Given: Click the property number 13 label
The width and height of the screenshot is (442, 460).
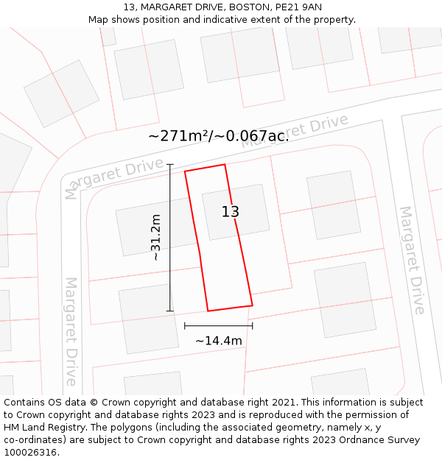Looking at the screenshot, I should click(231, 212).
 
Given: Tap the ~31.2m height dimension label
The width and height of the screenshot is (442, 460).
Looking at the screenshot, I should click(155, 238).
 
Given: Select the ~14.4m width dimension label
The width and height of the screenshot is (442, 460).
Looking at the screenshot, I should click(219, 341).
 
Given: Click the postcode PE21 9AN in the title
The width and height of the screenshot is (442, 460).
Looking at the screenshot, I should click(297, 7).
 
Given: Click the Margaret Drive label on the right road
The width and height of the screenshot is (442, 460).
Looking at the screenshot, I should click(413, 260).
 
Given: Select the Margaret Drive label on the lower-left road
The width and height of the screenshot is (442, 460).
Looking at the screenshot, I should click(71, 331).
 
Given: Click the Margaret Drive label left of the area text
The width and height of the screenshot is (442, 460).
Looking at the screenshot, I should click(114, 177).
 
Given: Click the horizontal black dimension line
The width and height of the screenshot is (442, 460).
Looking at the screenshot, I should click(218, 325).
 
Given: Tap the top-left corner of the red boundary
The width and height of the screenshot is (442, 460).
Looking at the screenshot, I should click(185, 171).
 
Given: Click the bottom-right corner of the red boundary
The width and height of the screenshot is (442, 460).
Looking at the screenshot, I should click(253, 305).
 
